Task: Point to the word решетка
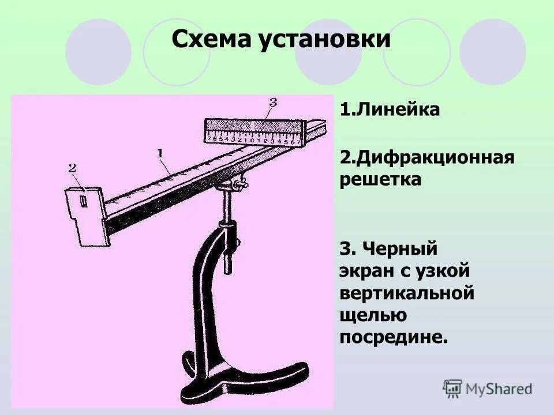point(380,179)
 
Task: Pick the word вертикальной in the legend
point(407,293)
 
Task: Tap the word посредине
point(394,337)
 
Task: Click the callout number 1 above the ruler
point(160,153)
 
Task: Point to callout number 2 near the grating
point(72,168)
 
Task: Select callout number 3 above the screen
point(273,102)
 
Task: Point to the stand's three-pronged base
point(242,375)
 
